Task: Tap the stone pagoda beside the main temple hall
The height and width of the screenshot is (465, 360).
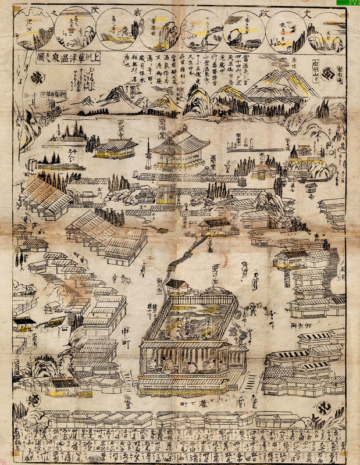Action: click(149, 153)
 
